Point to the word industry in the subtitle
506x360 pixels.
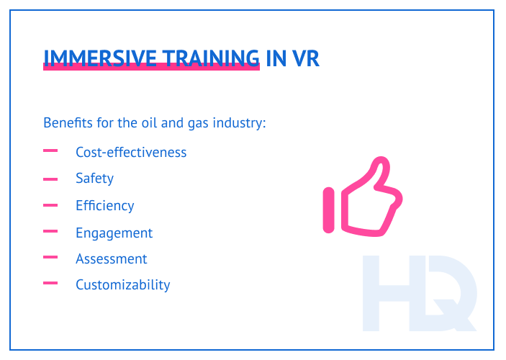(243, 123)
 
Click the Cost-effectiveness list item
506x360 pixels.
(131, 152)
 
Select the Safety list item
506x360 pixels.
(94, 178)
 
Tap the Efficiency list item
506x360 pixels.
(104, 205)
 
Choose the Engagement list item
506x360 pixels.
(114, 233)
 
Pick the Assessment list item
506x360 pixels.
(111, 258)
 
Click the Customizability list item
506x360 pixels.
(122, 284)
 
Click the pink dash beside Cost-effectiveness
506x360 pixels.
(50, 151)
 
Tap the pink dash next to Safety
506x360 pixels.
(50, 179)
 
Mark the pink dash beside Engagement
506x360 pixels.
(50, 231)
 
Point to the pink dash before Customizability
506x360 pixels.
(50, 283)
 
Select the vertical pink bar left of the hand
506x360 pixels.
(329, 210)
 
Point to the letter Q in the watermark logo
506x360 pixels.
(450, 295)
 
